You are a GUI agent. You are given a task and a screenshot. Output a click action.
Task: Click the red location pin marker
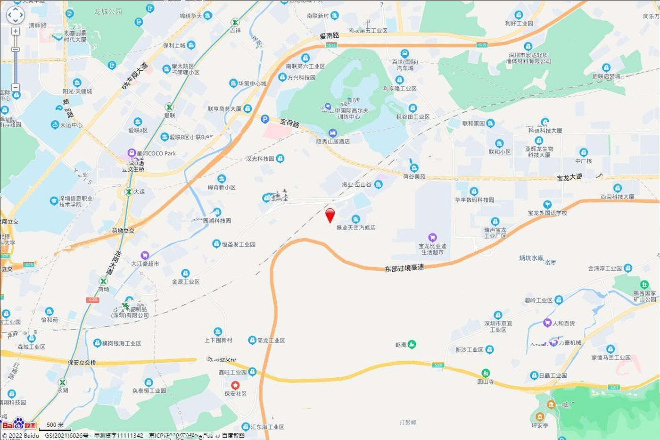coord(330,215)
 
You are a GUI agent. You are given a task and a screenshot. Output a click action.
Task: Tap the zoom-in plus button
coord(16,31)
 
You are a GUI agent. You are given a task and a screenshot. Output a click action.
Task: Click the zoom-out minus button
coord(16,87)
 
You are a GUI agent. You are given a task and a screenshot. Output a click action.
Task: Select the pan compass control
coord(15,15)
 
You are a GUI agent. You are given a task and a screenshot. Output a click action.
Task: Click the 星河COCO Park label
coord(156,153)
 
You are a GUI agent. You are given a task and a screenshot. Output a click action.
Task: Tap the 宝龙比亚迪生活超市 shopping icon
coord(432,237)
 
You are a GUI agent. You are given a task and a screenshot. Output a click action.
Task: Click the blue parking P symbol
coord(265,120)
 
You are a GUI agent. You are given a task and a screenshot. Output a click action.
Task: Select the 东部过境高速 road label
coord(404,268)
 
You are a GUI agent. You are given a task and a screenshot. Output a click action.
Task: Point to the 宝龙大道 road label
coord(569,178)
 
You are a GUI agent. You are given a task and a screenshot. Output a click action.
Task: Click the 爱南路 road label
coord(329,36)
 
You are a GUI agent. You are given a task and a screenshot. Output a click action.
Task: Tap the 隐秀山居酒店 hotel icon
coord(333,133)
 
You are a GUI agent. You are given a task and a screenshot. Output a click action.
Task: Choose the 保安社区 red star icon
coord(235,385)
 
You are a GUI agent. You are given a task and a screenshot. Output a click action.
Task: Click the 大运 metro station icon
coord(128,192)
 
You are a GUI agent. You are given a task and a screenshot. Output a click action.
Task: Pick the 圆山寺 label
coord(486,382)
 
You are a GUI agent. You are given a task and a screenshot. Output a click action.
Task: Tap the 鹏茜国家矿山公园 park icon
coord(644,284)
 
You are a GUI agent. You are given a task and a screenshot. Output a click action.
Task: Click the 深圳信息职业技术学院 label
coord(76,201)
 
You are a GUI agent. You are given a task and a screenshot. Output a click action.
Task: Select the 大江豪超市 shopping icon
coord(145,255)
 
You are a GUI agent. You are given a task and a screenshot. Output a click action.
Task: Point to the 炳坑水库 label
coord(531,258)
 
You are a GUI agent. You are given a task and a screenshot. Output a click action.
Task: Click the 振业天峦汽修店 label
coord(356,227)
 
